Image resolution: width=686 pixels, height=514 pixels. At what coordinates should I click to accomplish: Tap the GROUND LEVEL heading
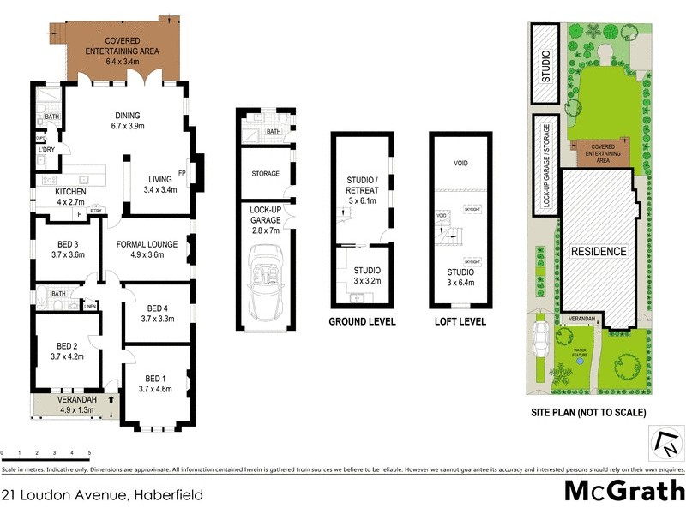point(363,322)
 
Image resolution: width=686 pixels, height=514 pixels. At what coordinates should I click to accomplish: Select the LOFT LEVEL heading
point(461,322)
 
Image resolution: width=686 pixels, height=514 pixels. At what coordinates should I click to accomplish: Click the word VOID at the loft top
point(460,162)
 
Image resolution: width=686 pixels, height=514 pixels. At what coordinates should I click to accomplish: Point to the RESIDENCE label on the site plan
point(599,252)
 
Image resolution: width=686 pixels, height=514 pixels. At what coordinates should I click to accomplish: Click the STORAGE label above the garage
point(266,174)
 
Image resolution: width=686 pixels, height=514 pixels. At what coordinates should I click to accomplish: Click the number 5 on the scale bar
point(89,452)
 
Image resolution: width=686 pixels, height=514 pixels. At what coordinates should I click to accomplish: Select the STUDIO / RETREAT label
point(362,185)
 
